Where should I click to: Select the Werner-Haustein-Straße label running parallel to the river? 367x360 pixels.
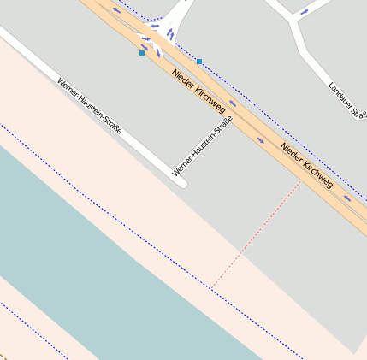[90, 106]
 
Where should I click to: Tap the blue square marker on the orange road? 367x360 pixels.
[142, 53]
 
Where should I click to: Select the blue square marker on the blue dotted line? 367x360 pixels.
[199, 62]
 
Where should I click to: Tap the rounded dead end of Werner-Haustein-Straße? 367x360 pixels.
[181, 182]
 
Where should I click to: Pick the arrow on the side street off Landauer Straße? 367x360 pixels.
[305, 13]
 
